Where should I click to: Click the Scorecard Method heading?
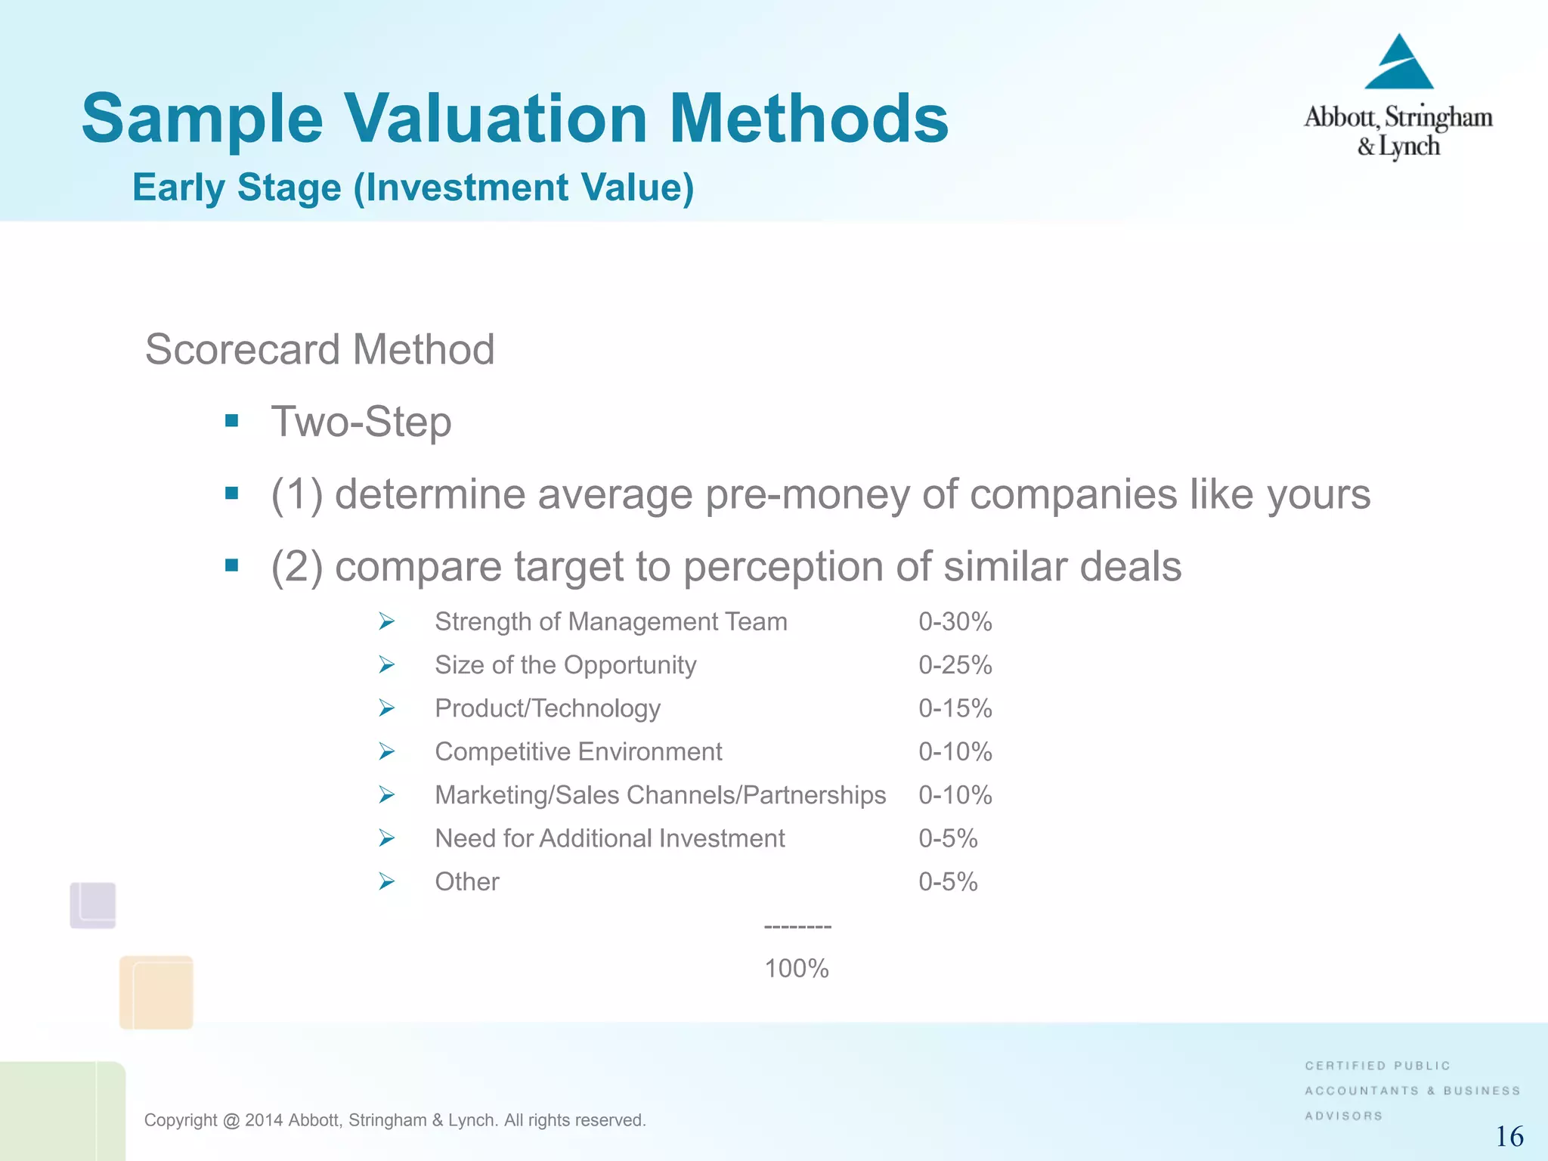pyautogui.click(x=320, y=349)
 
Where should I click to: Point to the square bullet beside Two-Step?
pyautogui.click(x=232, y=421)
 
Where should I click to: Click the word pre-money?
pyautogui.click(x=807, y=494)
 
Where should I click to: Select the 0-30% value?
pyautogui.click(x=955, y=622)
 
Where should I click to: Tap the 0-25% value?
pyautogui.click(x=955, y=665)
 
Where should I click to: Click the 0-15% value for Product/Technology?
pyautogui.click(x=955, y=708)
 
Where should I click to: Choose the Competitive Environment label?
pyautogui.click(x=578, y=752)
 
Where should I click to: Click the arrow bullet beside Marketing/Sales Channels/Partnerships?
pyautogui.click(x=387, y=794)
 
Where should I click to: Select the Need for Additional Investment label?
pyautogui.click(x=609, y=838)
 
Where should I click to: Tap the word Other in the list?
pyautogui.click(x=467, y=882)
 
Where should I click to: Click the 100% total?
pyautogui.click(x=797, y=968)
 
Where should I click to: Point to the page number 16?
pyautogui.click(x=1509, y=1137)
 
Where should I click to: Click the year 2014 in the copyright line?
pyautogui.click(x=263, y=1120)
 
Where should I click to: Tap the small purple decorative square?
pyautogui.click(x=93, y=905)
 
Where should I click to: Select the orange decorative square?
pyautogui.click(x=156, y=992)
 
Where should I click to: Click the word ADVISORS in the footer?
pyautogui.click(x=1343, y=1116)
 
